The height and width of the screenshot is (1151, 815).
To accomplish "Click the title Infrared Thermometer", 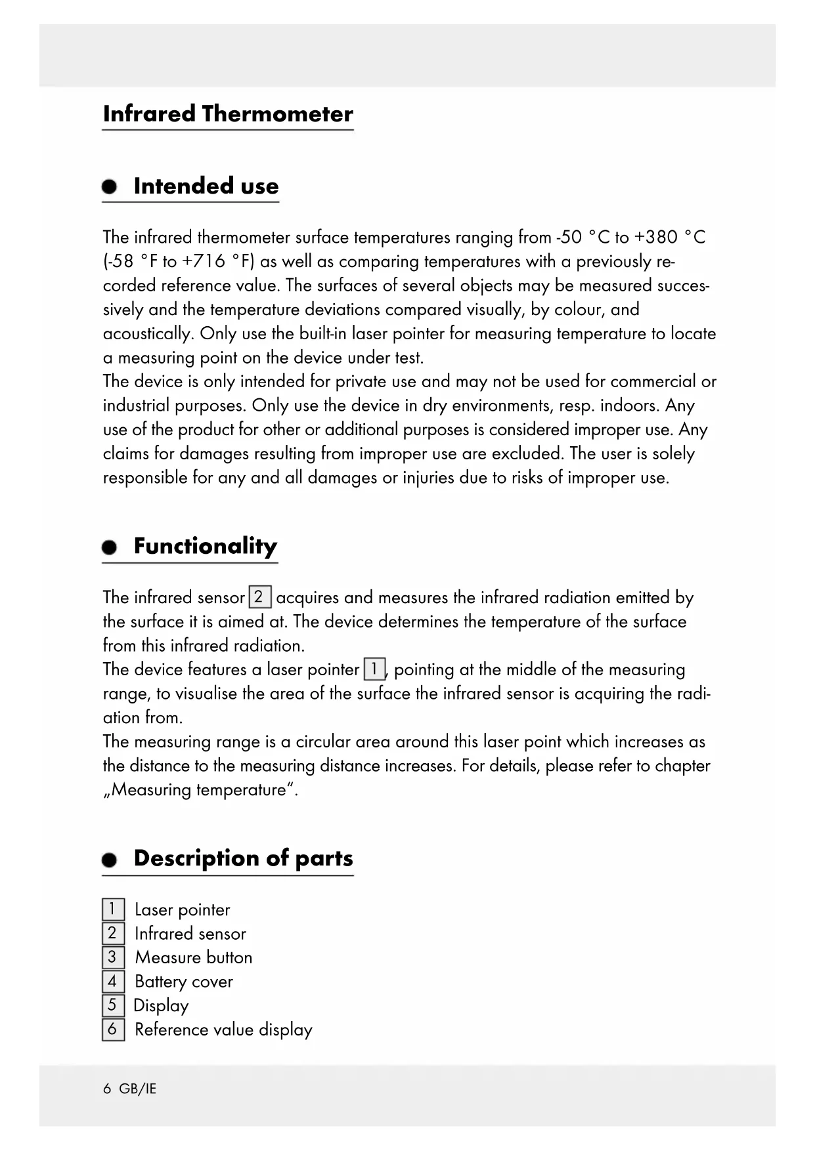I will [228, 114].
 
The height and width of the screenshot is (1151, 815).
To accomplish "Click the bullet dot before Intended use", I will [110, 187].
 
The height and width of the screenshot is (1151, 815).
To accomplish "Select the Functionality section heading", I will [205, 546].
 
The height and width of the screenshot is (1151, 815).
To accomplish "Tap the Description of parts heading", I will [243, 858].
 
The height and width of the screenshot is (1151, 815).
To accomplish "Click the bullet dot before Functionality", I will [110, 547].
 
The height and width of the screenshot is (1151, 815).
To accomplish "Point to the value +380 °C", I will [670, 237].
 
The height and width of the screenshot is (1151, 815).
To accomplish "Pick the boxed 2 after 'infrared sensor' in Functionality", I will [259, 597].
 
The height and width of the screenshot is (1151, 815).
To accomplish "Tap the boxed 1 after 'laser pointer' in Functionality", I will [374, 669].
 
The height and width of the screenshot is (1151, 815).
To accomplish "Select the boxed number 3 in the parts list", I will [112, 957].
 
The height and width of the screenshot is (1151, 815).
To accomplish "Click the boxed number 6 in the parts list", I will [112, 1030].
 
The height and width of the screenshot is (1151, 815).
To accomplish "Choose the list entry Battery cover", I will [184, 982].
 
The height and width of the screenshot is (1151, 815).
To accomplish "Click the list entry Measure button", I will [194, 957].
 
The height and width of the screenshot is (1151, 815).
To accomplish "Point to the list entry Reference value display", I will [223, 1030].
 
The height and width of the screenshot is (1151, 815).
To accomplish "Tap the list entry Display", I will [161, 1006].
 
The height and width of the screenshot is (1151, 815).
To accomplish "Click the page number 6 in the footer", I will [107, 1089].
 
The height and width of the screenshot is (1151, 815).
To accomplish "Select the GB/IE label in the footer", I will [138, 1089].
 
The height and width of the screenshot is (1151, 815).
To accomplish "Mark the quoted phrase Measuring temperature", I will [200, 790].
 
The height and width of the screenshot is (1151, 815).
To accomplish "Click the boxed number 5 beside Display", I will [112, 1005].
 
